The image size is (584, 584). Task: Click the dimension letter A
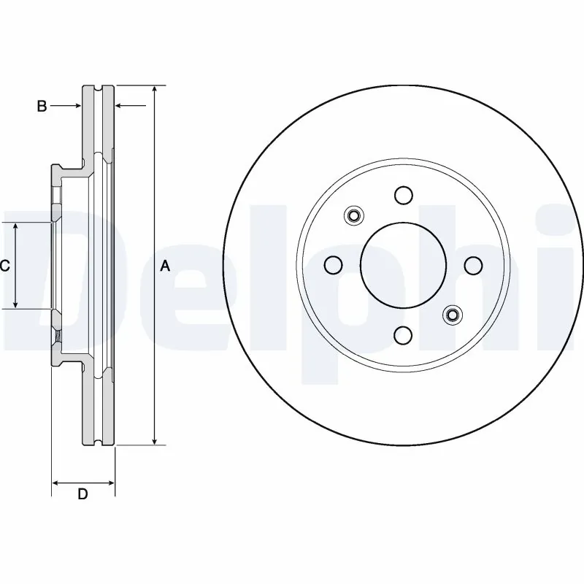pos(165,267)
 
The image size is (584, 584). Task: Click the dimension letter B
pos(42,107)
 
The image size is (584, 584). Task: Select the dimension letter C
pos(4,266)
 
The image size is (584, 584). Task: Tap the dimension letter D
pos(83,494)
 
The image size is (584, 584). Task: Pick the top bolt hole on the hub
pos(402,195)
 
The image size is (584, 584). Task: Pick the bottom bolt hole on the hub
pos(402,334)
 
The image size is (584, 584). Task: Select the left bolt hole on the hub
pos(333,264)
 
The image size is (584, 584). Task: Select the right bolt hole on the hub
pos(472,264)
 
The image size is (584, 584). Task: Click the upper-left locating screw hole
pos(353,215)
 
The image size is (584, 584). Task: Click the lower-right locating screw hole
pos(452,315)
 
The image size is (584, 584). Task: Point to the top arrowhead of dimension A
pos(155,90)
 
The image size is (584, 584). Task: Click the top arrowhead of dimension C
pos(16,227)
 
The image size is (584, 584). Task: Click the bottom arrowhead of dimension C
pos(16,304)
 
